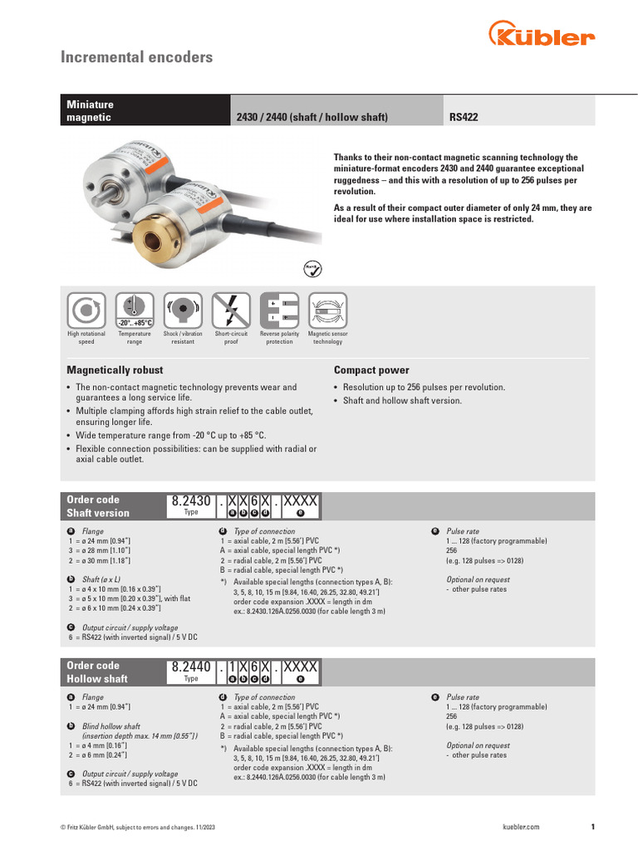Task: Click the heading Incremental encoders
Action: pyautogui.click(x=137, y=57)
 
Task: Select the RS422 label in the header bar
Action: pyautogui.click(x=464, y=118)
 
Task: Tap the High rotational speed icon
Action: pyautogui.click(x=86, y=310)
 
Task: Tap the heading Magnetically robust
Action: pyautogui.click(x=115, y=370)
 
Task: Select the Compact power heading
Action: pyautogui.click(x=371, y=370)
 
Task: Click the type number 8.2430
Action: pyautogui.click(x=191, y=502)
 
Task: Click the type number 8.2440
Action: pyautogui.click(x=191, y=667)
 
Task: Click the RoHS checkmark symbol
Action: pyautogui.click(x=310, y=268)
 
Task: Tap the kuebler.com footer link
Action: pyautogui.click(x=521, y=827)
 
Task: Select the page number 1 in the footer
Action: pyautogui.click(x=592, y=827)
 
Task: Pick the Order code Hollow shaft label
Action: pyautogui.click(x=97, y=672)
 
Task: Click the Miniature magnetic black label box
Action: pyautogui.click(x=146, y=111)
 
